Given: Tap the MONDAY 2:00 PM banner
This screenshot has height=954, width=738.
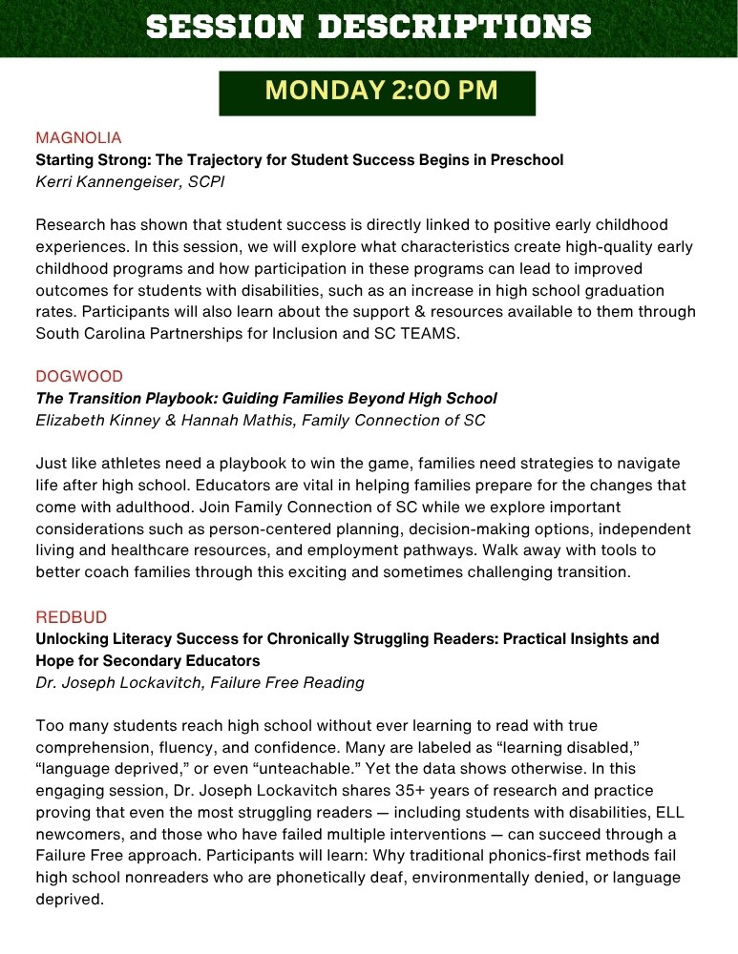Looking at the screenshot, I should pos(376,93).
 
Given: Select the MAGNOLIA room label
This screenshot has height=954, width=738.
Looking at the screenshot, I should pos(78,137).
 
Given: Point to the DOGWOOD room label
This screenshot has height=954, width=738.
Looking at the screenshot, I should pos(79,376).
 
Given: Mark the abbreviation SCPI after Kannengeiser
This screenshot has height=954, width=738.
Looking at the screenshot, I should pos(205,181).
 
